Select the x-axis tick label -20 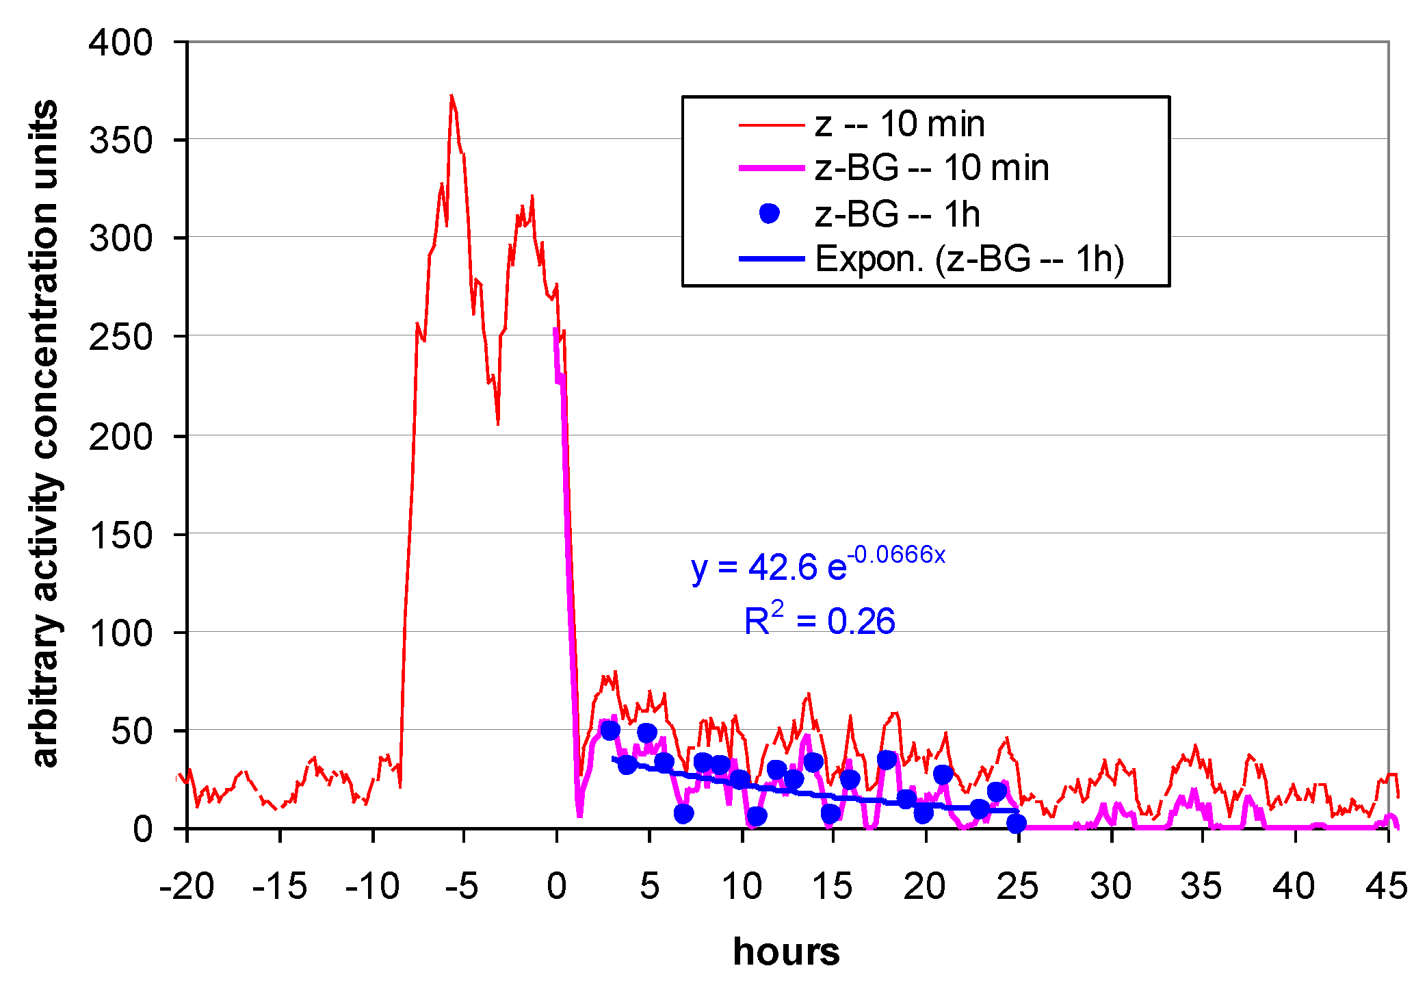pyautogui.click(x=186, y=887)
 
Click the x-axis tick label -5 pyautogui.click(x=462, y=887)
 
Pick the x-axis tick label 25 pyautogui.click(x=1017, y=887)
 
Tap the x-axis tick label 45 pyautogui.click(x=1386, y=887)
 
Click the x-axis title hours pyautogui.click(x=786, y=952)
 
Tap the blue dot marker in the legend pyautogui.click(x=770, y=214)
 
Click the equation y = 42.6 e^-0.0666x pyautogui.click(x=817, y=565)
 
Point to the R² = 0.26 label pyautogui.click(x=820, y=620)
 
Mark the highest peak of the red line pyautogui.click(x=451, y=96)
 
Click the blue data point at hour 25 pyautogui.click(x=1017, y=823)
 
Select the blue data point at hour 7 pyautogui.click(x=683, y=813)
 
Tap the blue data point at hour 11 pyautogui.click(x=757, y=816)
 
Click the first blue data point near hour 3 pyautogui.click(x=610, y=730)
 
